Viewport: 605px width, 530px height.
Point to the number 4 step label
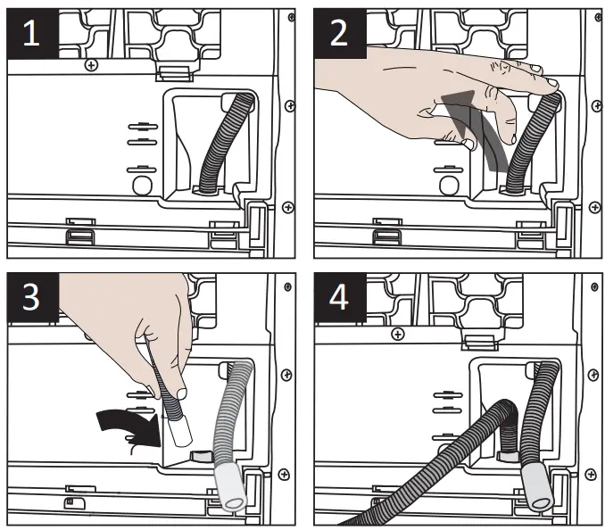pyautogui.click(x=340, y=297)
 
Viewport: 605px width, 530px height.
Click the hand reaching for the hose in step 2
pyautogui.click(x=428, y=94)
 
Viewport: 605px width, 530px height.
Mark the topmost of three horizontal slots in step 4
pyautogui.click(x=443, y=391)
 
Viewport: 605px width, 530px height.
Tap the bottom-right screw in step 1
pyautogui.click(x=286, y=207)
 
